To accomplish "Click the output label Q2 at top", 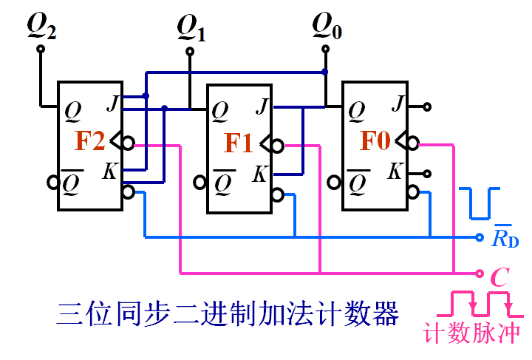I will click(41, 27).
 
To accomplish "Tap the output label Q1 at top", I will click(191, 29).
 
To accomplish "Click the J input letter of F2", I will click(112, 104).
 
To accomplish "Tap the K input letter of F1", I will click(260, 175).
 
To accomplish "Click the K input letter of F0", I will click(396, 172).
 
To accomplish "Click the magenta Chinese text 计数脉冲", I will click(472, 333).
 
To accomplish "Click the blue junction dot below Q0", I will click(324, 72).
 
